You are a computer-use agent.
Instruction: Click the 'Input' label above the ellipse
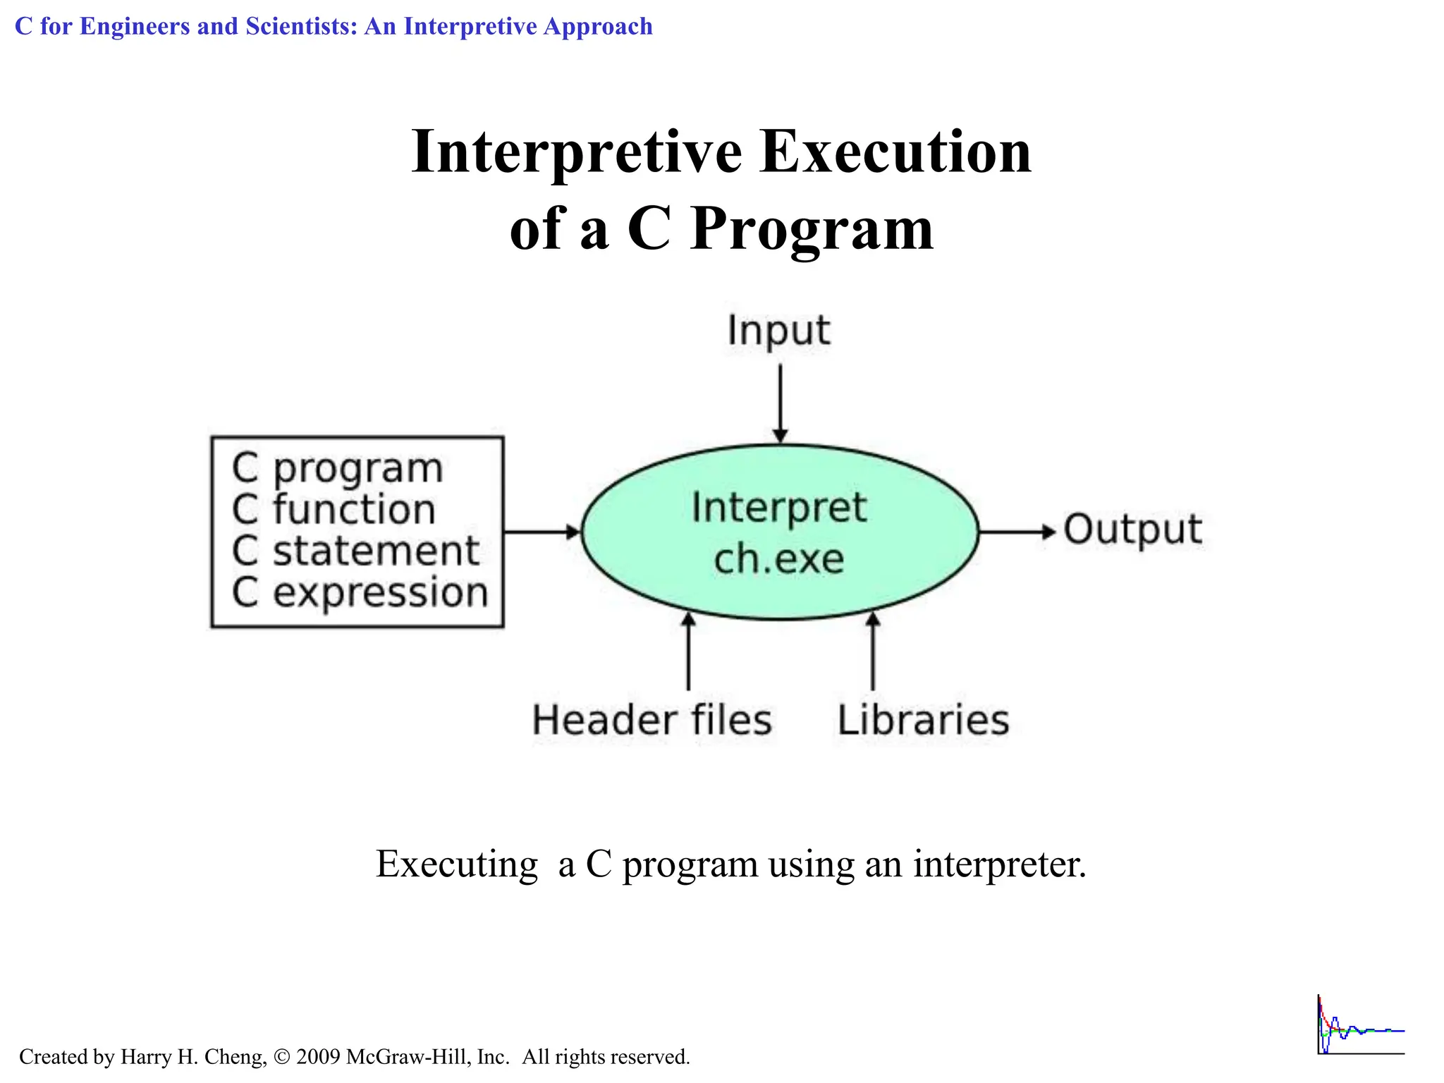click(778, 331)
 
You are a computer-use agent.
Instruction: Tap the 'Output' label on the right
click(1132, 530)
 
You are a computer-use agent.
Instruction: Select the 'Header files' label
click(651, 720)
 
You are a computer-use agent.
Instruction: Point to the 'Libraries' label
click(923, 720)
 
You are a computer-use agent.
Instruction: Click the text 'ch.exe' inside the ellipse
click(778, 559)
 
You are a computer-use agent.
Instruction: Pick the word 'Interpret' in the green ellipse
click(778, 508)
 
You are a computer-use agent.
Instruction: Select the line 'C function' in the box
click(334, 510)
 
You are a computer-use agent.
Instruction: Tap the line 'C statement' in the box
click(355, 551)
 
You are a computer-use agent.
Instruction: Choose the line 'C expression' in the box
click(360, 592)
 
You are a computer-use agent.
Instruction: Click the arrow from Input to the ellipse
click(780, 403)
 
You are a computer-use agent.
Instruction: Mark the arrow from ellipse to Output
click(1016, 532)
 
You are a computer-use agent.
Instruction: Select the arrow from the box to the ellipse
click(541, 532)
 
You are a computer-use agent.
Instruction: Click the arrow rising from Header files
click(688, 651)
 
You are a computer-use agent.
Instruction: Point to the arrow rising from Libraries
click(873, 651)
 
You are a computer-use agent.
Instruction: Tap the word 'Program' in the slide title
click(812, 229)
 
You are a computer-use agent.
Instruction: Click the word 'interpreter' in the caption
click(999, 864)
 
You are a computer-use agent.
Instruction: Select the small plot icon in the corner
click(1360, 1026)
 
